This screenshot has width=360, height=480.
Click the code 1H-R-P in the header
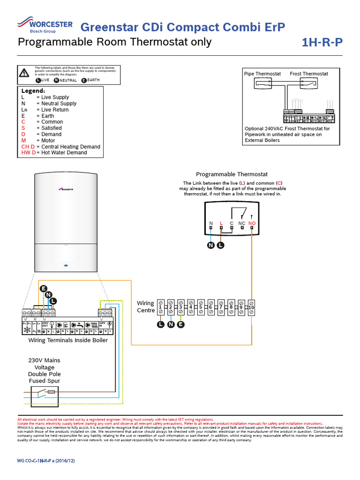[x=322, y=43]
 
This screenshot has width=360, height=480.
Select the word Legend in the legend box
[x=33, y=90]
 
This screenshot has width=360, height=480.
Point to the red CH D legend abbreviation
[x=28, y=147]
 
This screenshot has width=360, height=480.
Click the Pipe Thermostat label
[x=262, y=74]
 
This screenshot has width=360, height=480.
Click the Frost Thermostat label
[x=309, y=74]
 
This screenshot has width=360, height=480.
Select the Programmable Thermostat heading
[x=232, y=174]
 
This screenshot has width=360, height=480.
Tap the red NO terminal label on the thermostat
[x=252, y=223]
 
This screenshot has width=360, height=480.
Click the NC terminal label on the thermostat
[x=242, y=223]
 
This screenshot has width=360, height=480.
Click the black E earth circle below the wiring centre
[x=181, y=324]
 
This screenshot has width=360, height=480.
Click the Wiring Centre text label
[x=145, y=307]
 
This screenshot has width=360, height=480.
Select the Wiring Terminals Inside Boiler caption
[x=68, y=340]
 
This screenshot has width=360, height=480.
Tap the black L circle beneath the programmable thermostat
[x=220, y=245]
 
